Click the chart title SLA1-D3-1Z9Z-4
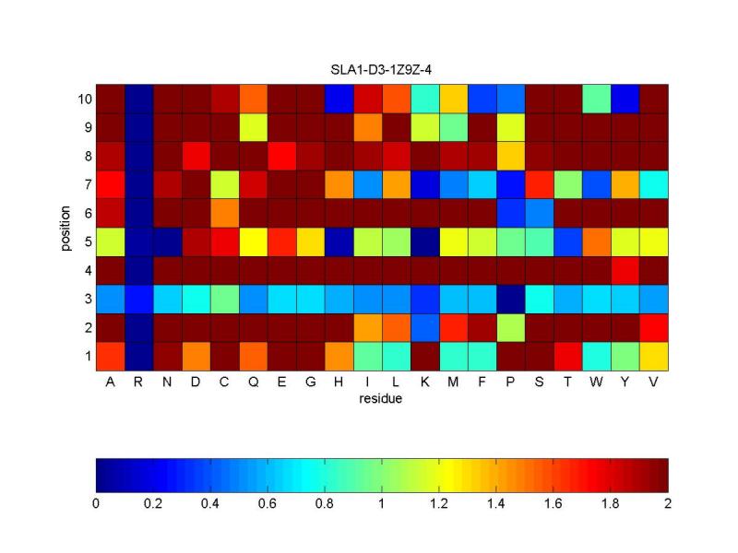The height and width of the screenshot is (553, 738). [382, 71]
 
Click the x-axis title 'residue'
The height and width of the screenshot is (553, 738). [382, 399]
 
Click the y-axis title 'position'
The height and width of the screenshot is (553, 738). [65, 227]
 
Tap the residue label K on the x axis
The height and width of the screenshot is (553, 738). [424, 382]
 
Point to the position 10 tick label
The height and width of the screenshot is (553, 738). [82, 99]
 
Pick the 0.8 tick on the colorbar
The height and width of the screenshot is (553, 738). [325, 504]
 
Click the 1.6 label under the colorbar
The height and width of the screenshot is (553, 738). [553, 504]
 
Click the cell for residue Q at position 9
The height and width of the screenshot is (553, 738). [253, 127]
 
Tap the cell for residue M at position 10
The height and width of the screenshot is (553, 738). [453, 99]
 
